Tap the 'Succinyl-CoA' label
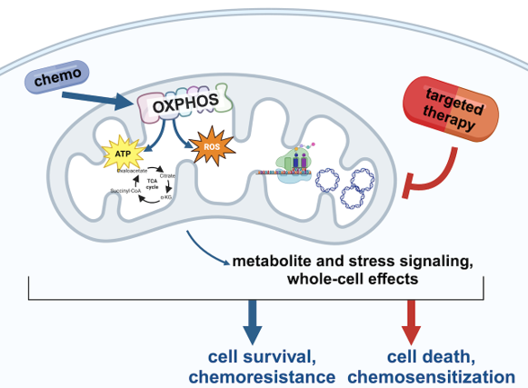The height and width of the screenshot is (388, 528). [125, 191]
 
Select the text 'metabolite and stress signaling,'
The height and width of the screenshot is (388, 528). [352, 262]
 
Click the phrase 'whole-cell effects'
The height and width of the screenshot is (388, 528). [352, 280]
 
